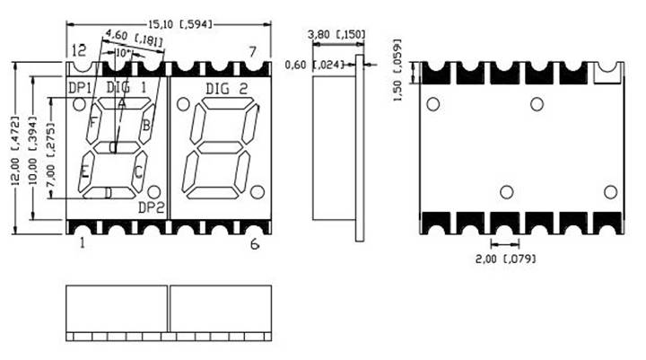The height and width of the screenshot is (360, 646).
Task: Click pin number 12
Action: pos(79,50)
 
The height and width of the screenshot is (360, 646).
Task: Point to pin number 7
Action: pos(254,51)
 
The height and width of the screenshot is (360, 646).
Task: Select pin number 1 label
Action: pos(82,242)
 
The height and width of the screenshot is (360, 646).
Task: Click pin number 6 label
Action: pos(254,243)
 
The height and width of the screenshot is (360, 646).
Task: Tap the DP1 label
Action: pos(83,87)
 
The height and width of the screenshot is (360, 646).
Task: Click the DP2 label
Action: pos(153,207)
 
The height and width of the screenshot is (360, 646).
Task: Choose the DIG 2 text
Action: pos(226,88)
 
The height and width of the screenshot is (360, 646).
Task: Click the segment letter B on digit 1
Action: pos(146,125)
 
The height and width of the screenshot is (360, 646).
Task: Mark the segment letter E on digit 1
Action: pos(85,171)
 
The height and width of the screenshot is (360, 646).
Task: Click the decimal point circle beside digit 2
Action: pos(258,191)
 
